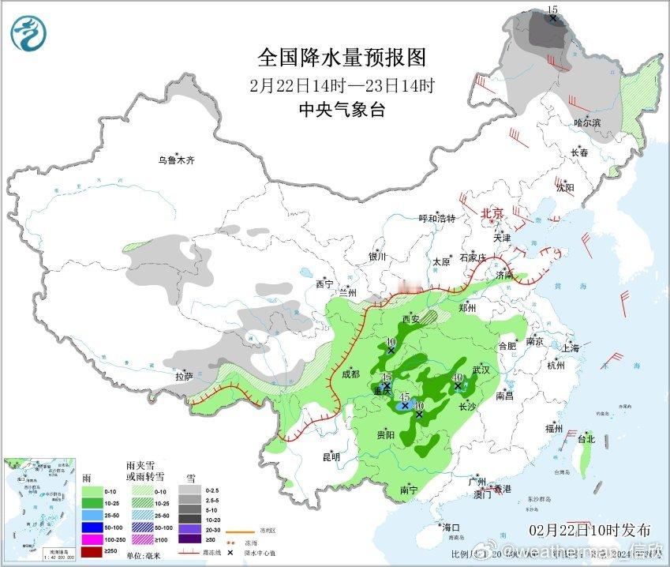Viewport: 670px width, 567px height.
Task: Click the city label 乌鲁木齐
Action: coord(175,160)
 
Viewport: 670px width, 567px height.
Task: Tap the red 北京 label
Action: coord(492,213)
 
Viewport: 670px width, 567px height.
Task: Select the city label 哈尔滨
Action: coord(587,122)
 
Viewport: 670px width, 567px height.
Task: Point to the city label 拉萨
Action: coord(183,377)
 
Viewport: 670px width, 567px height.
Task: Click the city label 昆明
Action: coord(331,456)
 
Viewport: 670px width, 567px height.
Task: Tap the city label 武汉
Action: coord(481,370)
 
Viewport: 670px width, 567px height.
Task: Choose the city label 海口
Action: coord(451,527)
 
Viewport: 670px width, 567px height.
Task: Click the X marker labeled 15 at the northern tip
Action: coord(553,17)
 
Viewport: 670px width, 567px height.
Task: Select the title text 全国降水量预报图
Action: coord(342,58)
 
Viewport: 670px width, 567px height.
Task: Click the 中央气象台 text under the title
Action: coord(342,110)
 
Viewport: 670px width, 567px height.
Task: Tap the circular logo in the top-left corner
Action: coord(28,33)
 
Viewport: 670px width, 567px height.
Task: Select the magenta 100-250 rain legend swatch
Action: coord(92,539)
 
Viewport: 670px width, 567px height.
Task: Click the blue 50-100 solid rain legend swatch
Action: coord(92,526)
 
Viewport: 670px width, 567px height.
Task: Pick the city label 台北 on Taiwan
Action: coord(586,438)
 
